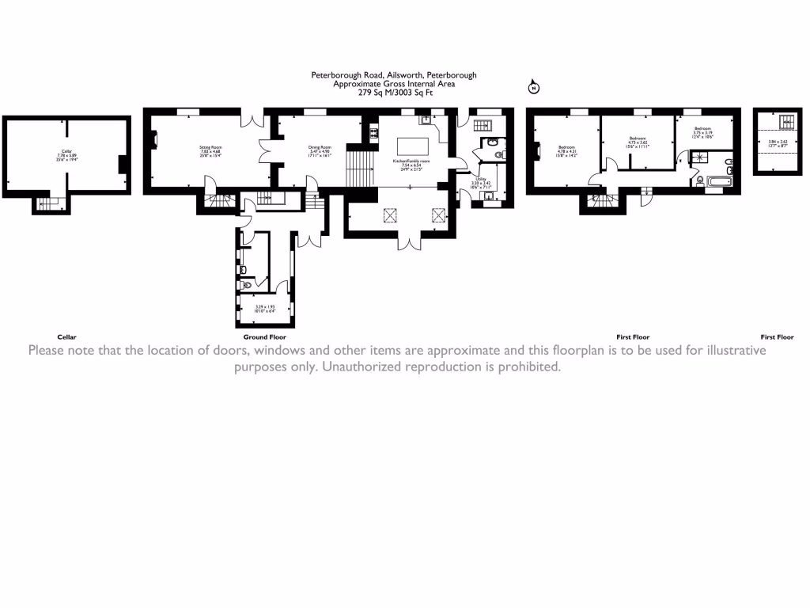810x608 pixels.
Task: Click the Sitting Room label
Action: click(210, 148)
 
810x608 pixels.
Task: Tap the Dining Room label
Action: click(320, 148)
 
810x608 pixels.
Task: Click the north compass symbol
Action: click(533, 87)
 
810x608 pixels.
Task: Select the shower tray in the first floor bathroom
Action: click(698, 156)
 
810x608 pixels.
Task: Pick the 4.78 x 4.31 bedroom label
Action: click(567, 150)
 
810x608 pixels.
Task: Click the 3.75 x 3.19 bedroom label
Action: click(703, 132)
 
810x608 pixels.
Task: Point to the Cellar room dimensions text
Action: click(67, 157)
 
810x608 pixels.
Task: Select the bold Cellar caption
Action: click(67, 336)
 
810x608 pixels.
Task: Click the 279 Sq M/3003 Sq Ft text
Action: click(396, 93)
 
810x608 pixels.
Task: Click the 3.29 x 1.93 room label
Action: click(263, 309)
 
